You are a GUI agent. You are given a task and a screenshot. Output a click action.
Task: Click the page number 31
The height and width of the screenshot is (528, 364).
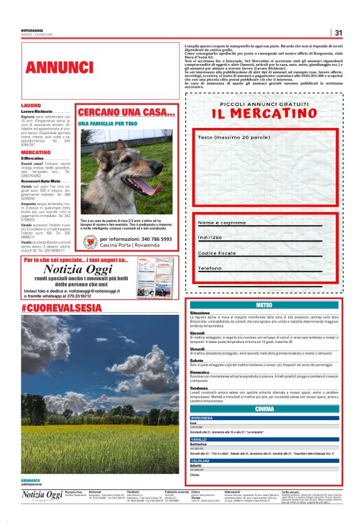click(x=338, y=33)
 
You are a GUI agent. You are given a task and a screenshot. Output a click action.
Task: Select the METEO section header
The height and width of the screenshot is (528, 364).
click(x=264, y=305)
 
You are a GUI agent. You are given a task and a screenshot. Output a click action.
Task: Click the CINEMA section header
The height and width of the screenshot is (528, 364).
click(x=264, y=409)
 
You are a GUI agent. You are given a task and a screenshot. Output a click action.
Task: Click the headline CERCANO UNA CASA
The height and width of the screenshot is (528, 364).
click(x=126, y=112)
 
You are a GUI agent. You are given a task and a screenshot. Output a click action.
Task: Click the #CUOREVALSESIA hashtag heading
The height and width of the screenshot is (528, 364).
click(x=61, y=308)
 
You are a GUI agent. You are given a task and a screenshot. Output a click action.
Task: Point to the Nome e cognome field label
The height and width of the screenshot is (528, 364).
click(x=222, y=223)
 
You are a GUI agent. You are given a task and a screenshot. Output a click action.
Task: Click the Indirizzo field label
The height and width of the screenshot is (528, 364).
click(x=210, y=238)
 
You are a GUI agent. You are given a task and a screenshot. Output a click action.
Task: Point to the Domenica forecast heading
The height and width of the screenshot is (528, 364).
click(x=200, y=372)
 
